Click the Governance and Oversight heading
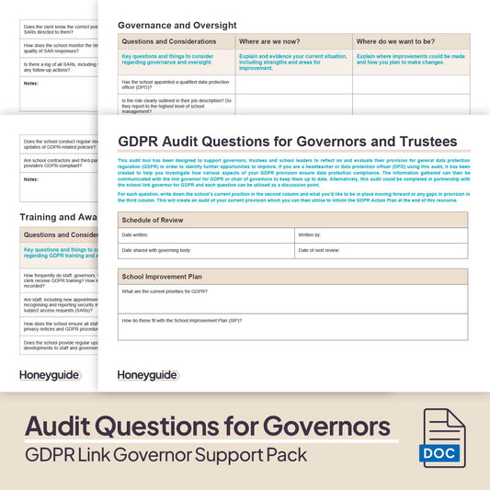[177, 25]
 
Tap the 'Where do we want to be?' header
[397, 42]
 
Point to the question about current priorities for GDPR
[165, 291]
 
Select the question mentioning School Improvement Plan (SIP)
[181, 320]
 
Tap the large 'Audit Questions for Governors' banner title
[207, 427]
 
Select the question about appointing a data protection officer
[175, 83]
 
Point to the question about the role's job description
[176, 105]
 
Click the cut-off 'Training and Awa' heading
[55, 217]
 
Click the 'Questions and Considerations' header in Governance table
[168, 42]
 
